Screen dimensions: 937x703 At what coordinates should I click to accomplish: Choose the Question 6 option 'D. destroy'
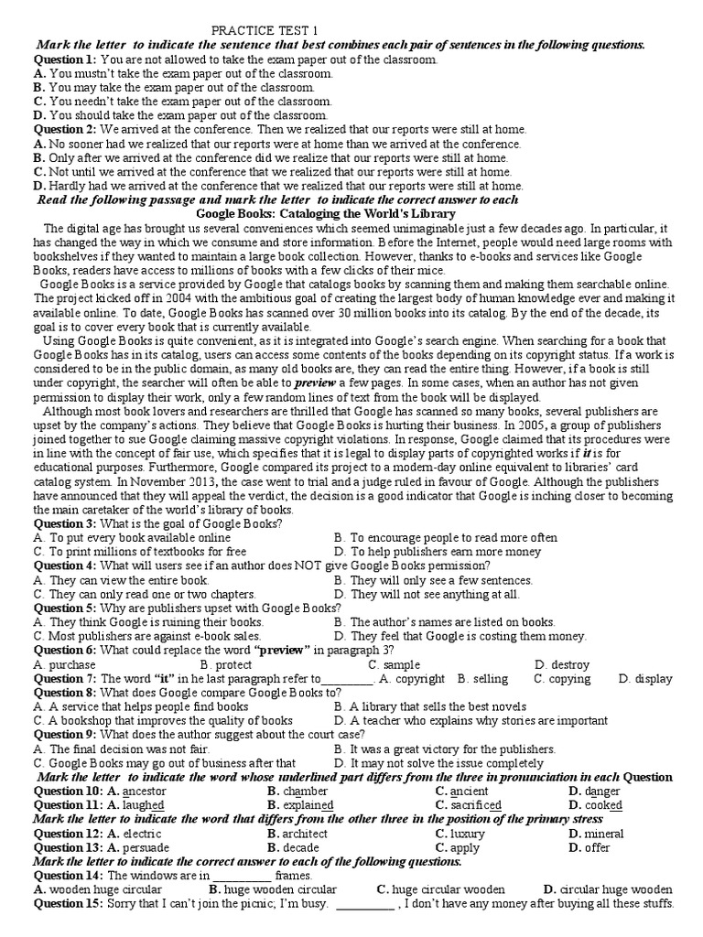tap(562, 664)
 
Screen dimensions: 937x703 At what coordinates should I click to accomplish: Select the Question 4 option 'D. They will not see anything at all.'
tap(427, 594)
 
